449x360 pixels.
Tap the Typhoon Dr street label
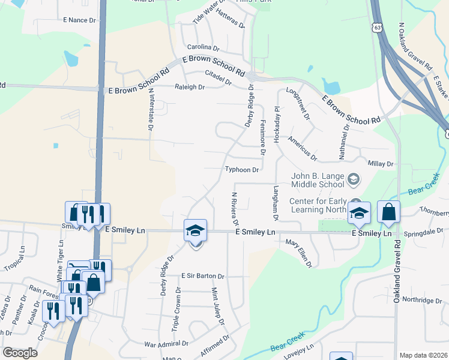click(x=242, y=170)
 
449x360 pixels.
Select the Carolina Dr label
click(x=203, y=47)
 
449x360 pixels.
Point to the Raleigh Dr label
click(x=190, y=87)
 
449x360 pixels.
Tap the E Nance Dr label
click(x=79, y=20)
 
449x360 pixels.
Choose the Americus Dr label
click(x=302, y=148)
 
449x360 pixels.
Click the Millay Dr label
click(x=381, y=163)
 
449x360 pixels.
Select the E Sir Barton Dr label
click(x=203, y=277)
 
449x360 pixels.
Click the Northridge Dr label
click(x=421, y=299)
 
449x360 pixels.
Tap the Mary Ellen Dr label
click(x=299, y=253)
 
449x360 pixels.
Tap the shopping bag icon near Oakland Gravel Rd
click(x=388, y=212)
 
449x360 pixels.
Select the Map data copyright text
click(x=423, y=355)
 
